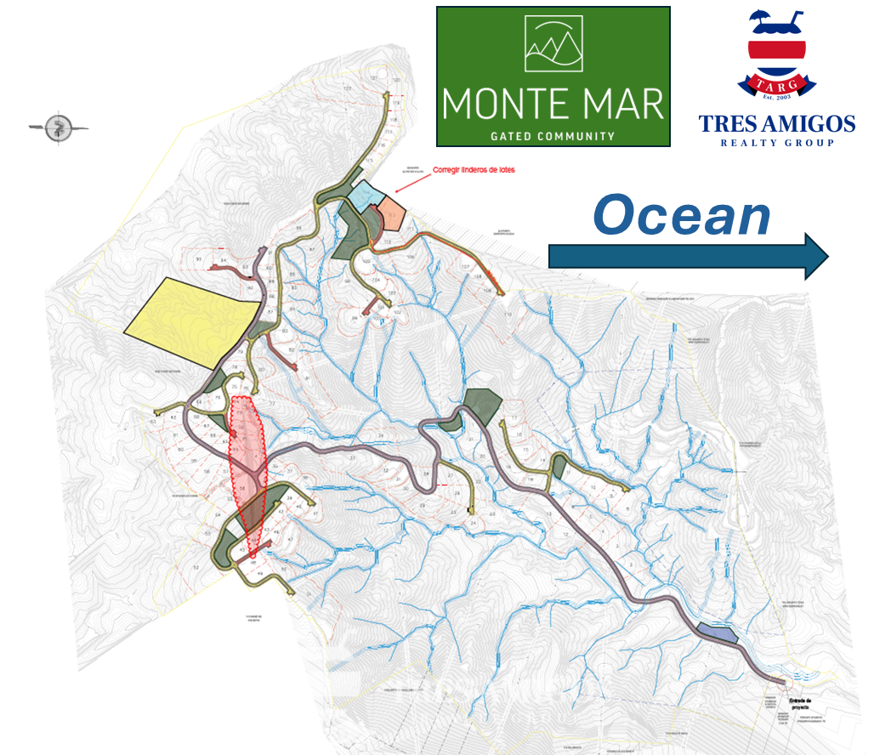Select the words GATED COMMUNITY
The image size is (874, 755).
[x=553, y=136]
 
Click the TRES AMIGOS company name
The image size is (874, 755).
[x=776, y=124]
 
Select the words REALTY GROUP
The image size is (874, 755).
[x=776, y=143]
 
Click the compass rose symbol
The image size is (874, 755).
[x=58, y=128]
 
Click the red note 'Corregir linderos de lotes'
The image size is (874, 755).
[x=474, y=170]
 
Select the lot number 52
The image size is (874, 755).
[x=196, y=567]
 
